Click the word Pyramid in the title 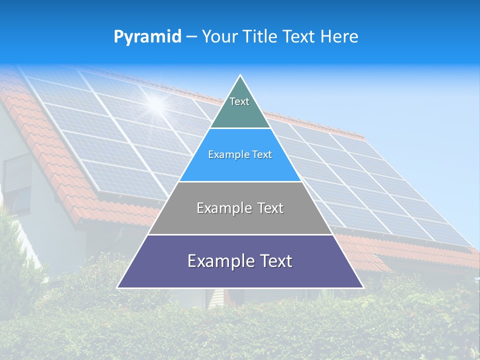click(x=147, y=37)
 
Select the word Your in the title click(x=220, y=36)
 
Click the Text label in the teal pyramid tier click(x=239, y=101)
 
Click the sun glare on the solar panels click(x=156, y=104)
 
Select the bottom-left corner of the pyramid click(x=118, y=287)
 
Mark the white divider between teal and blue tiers click(x=240, y=128)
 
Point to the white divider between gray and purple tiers click(x=240, y=234)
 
